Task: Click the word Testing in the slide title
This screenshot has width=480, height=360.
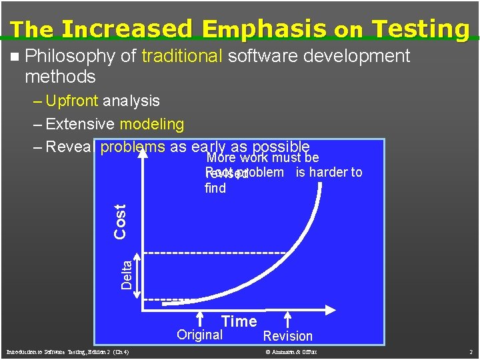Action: point(421,29)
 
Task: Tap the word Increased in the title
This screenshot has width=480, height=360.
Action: point(125,29)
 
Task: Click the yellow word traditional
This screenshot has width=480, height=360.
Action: point(181,56)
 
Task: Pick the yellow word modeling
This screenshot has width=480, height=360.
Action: point(151,124)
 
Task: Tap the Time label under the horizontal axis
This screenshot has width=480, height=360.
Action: point(239,321)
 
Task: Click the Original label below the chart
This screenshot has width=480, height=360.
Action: point(199,335)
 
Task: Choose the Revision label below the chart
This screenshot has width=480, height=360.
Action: point(287,336)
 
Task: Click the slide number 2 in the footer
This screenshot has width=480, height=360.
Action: point(470,351)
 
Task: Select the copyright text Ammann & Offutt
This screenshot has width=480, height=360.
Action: point(291,351)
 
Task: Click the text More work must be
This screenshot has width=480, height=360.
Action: point(263,158)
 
